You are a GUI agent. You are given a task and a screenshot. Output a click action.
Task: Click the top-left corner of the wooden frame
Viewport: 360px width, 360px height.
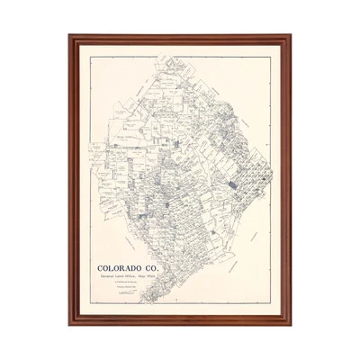pos(69,36)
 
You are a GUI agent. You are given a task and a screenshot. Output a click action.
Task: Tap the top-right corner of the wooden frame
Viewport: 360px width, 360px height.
pos(291,36)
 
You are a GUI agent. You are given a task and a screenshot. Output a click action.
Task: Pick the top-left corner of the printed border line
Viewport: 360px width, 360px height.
pos(90,57)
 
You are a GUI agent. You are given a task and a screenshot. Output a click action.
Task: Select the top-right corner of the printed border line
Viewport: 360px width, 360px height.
pos(270,57)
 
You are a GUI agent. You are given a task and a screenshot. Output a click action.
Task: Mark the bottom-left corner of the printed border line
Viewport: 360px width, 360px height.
pos(90,303)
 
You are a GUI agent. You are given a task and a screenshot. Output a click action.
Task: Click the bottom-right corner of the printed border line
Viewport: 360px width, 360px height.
pos(270,303)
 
